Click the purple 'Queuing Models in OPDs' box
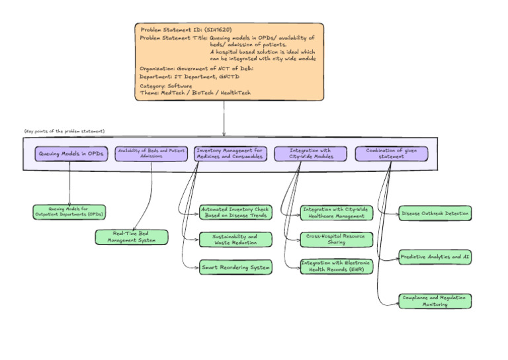71,154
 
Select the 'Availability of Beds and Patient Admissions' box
151,154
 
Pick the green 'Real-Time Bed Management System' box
132,237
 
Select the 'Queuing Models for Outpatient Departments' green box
69,212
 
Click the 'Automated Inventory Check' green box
235,212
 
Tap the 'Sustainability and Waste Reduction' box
235,239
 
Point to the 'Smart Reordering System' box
235,267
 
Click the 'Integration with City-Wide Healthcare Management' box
337,212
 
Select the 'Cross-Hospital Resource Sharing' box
337,239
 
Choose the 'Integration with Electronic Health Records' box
337,266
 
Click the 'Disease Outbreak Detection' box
435,212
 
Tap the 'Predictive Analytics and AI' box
435,257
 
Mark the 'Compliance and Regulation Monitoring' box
435,301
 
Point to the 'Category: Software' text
166,86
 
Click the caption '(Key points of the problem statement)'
65,131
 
